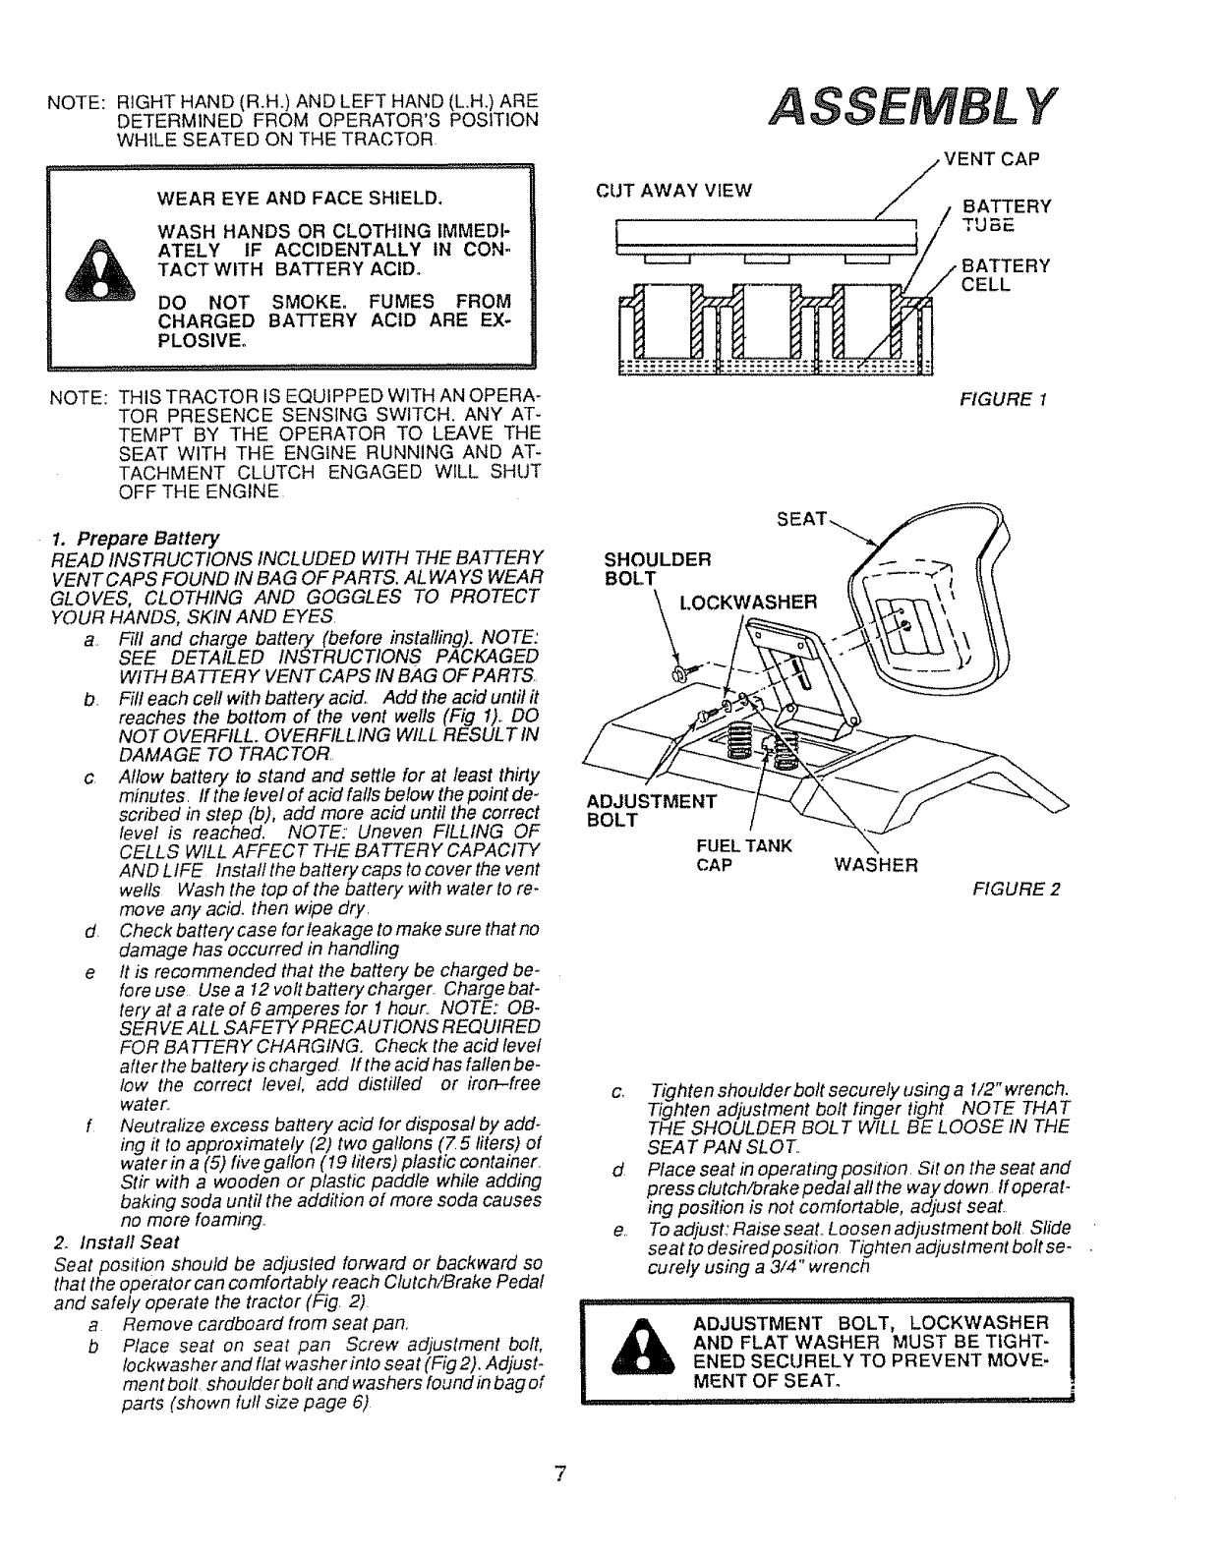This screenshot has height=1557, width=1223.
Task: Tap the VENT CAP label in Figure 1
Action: [991, 158]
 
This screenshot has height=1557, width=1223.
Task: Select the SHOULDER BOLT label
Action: [656, 569]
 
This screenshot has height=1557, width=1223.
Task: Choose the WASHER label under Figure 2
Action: [875, 865]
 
